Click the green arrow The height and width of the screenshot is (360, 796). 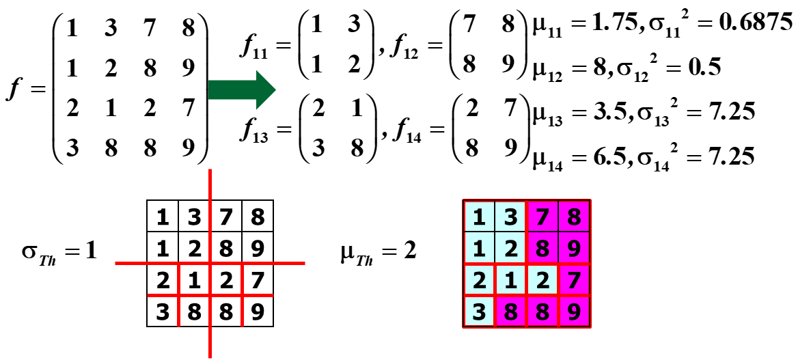[x=242, y=90]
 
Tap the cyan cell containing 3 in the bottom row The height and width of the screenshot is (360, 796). [x=478, y=311]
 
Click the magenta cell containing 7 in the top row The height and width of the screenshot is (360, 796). [x=543, y=216]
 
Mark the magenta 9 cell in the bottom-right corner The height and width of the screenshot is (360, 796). [x=574, y=311]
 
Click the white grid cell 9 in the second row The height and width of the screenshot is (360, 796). [x=258, y=248]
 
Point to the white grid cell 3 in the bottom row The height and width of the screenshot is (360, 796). [x=163, y=311]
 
